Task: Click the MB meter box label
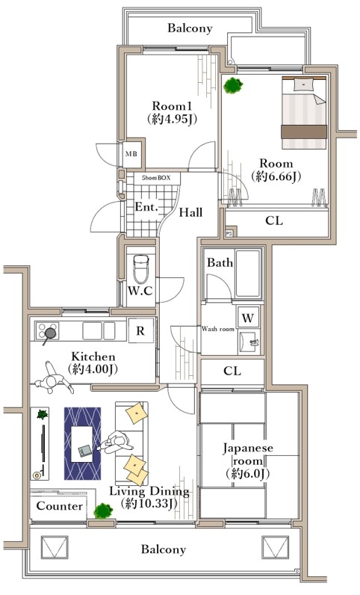click(131, 154)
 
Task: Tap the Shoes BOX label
click(156, 178)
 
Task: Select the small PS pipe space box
click(229, 233)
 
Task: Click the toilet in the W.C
click(140, 268)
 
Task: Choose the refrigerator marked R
click(140, 330)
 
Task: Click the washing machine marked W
click(248, 317)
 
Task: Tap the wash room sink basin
click(249, 341)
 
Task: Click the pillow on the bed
click(303, 84)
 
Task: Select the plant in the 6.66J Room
click(232, 85)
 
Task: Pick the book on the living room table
click(84, 451)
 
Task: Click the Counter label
click(60, 506)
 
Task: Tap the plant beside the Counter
click(103, 511)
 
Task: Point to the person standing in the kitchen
click(54, 379)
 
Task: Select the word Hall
click(190, 212)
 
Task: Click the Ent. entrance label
click(146, 207)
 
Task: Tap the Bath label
click(220, 262)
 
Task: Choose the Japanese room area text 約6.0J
click(247, 474)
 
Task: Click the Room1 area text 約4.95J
click(172, 119)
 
